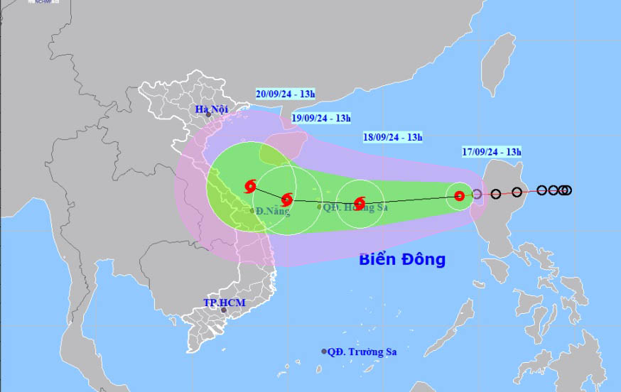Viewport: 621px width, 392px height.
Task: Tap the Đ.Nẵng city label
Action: tap(273, 211)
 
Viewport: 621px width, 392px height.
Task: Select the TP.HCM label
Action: tap(224, 303)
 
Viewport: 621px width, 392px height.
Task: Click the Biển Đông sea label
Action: tap(401, 259)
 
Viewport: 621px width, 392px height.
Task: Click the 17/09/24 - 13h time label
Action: tap(490, 151)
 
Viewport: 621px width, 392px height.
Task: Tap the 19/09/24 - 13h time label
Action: tap(320, 118)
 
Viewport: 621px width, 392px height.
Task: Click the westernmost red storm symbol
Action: tap(250, 187)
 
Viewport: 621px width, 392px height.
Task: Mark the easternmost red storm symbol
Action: tap(459, 196)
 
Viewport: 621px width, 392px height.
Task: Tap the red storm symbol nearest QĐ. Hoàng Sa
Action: tap(360, 202)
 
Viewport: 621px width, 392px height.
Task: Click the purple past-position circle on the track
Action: tap(477, 194)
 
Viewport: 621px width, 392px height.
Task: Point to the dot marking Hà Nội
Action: tap(208, 114)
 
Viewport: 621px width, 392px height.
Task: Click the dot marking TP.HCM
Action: tap(223, 310)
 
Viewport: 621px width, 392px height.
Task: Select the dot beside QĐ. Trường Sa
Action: tap(324, 352)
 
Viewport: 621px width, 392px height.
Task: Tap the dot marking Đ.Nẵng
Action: tap(252, 211)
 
